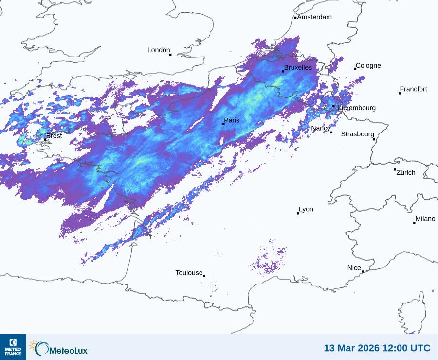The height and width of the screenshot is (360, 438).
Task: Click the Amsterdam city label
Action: coord(314,17)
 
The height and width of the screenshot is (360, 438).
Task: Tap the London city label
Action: coord(159,50)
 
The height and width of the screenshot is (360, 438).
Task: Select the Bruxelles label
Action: coord(298,67)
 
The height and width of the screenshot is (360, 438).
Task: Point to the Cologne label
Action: coord(368,66)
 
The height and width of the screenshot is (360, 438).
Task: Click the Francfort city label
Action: coord(414,89)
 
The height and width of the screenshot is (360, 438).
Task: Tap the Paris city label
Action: coord(232,120)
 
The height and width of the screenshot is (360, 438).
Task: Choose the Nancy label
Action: coord(321,128)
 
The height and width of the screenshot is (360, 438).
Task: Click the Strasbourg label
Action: coord(358,134)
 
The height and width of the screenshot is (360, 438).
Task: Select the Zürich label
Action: coord(406,172)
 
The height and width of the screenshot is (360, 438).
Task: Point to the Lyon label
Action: coord(306,209)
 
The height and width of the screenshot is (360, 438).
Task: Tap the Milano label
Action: coord(425,219)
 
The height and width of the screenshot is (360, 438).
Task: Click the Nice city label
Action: coord(354,268)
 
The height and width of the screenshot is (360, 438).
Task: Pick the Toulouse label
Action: coord(189,273)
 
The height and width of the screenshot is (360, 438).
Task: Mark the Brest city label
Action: coord(54,136)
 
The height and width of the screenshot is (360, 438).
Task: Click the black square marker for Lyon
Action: coord(298,213)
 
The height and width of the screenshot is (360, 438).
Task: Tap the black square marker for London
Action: coord(170,55)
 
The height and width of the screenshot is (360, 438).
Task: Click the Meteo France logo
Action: coord(13,347)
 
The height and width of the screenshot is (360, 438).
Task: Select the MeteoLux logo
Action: coord(58,348)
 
